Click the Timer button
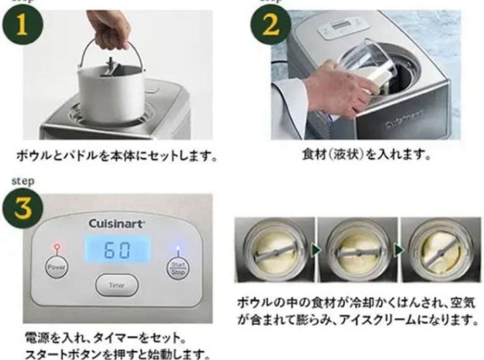click(117, 285)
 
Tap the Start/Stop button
click(178, 268)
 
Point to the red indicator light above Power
click(56, 247)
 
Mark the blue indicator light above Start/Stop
click(178, 247)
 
